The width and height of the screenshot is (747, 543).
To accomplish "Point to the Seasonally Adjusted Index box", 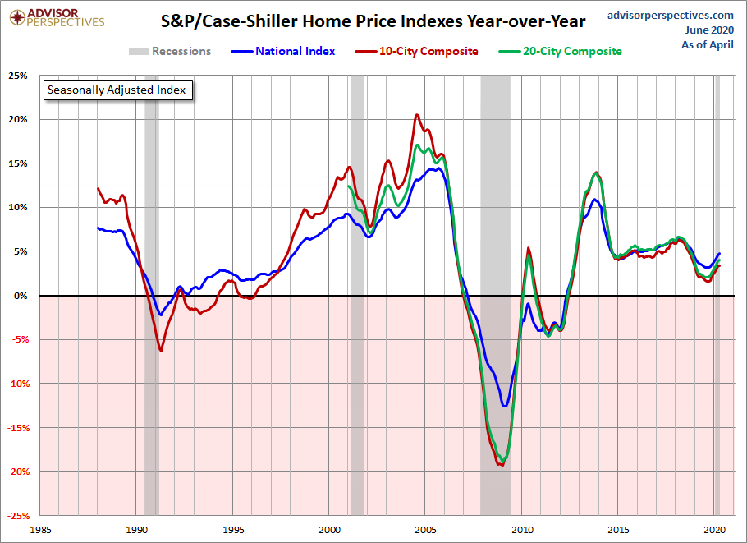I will [x=117, y=90].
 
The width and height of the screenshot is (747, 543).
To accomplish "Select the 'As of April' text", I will [x=708, y=44].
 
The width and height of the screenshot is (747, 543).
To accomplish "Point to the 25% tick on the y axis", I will [x=18, y=76].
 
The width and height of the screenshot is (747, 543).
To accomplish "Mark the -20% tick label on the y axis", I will [x=16, y=472].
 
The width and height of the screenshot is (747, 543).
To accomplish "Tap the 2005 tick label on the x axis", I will [x=425, y=529].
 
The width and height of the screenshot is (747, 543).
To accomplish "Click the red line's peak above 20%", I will [x=417, y=115].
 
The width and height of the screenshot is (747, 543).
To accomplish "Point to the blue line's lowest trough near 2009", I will [x=506, y=405].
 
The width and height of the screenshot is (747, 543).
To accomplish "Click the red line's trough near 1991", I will [x=161, y=351].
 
